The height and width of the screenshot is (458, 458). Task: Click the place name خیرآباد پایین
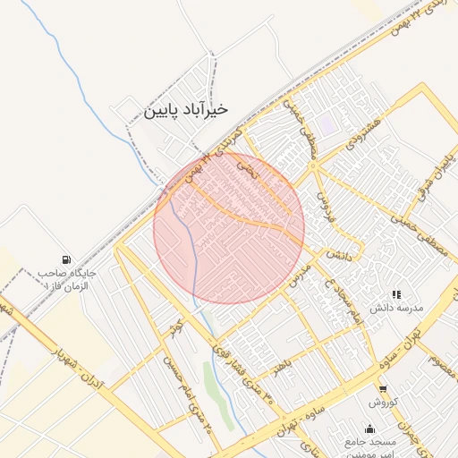tap(185, 109)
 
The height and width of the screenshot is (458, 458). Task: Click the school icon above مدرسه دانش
tap(396, 294)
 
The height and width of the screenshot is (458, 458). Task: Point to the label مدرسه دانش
tap(395, 309)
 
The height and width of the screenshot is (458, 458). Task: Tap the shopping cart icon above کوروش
tap(383, 388)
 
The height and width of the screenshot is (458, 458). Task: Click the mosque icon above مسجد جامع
tap(369, 428)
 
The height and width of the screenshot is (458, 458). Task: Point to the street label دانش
tap(335, 254)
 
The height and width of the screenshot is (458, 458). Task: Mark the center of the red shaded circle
tap(229, 228)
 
